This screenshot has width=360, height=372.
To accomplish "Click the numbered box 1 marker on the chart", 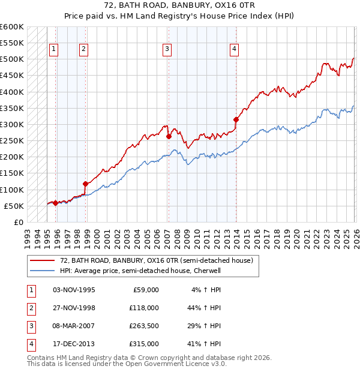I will click(x=55, y=49).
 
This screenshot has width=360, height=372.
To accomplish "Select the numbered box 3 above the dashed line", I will click(x=167, y=49).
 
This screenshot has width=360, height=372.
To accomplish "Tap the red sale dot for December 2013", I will click(x=236, y=119).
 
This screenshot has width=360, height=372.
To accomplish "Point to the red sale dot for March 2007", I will click(x=169, y=136).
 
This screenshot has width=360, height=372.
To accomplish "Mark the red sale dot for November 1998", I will click(x=86, y=184).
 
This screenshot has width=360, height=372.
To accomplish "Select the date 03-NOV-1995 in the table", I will click(x=73, y=290).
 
